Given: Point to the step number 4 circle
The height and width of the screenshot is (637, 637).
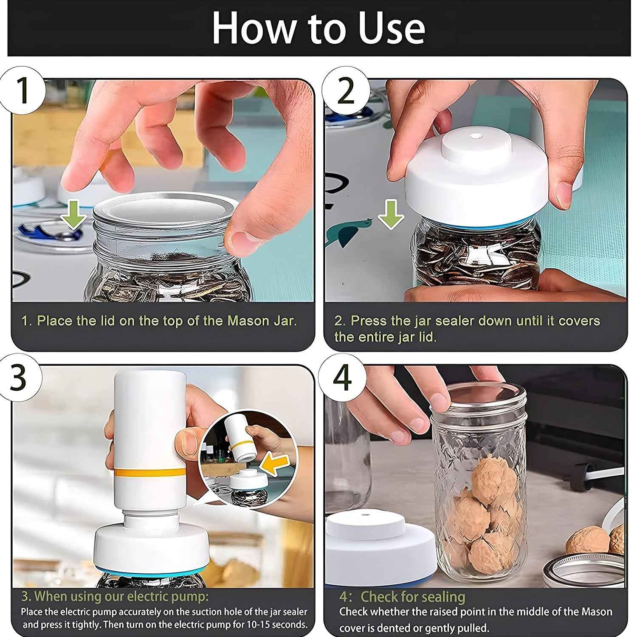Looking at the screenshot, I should [x=342, y=378].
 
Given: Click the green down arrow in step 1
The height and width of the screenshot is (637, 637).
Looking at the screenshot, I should [x=73, y=216].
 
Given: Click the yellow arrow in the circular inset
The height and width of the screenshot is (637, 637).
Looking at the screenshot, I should [x=275, y=465].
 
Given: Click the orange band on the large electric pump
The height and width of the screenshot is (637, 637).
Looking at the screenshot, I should [x=149, y=472].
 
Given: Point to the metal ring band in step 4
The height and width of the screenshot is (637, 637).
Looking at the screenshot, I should [x=582, y=569].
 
